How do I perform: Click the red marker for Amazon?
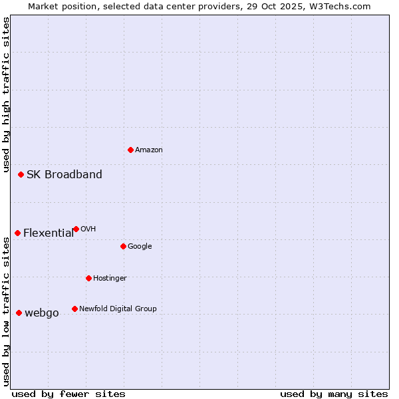click(130, 150)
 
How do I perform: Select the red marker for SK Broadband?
click(21, 174)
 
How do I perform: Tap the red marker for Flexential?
click(17, 233)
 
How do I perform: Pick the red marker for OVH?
click(76, 229)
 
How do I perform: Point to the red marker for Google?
click(123, 246)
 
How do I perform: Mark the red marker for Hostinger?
click(88, 278)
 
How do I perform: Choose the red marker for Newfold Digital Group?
click(74, 309)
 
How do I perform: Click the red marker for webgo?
click(19, 313)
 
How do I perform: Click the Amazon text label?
click(149, 150)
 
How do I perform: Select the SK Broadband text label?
click(65, 175)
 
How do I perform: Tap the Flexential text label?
click(49, 233)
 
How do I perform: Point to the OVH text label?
click(88, 229)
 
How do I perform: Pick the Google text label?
click(140, 247)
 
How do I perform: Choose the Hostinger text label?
click(110, 279)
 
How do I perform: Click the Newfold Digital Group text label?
click(118, 309)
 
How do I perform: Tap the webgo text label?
click(42, 313)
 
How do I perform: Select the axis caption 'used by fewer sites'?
click(68, 394)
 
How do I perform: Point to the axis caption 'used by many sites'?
click(334, 394)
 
